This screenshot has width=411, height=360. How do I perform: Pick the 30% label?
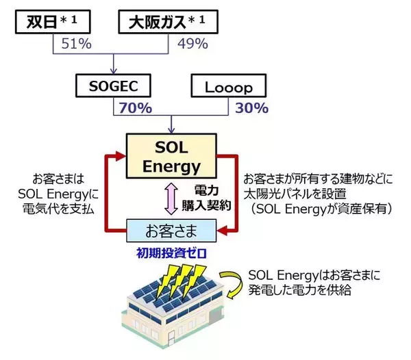pyautogui.click(x=251, y=109)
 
